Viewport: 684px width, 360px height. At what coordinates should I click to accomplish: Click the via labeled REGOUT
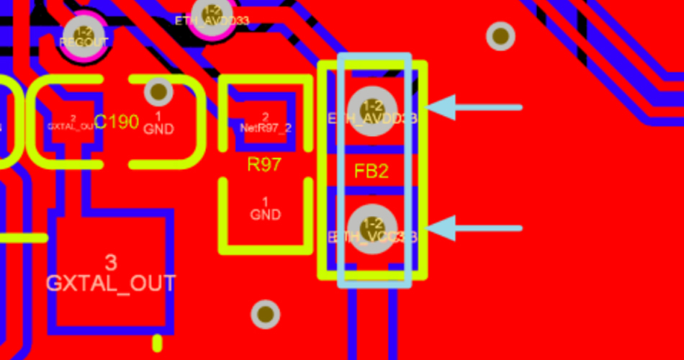84,35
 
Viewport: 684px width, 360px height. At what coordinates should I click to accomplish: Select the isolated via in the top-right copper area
500,35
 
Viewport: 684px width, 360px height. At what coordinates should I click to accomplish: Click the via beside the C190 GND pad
158,91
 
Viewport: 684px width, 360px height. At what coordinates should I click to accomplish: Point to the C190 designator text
117,122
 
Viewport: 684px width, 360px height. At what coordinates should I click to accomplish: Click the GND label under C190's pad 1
158,130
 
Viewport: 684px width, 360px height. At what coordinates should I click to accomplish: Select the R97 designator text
264,165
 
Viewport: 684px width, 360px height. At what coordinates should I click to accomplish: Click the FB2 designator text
372,171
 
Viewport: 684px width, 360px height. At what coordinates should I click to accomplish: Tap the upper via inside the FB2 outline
372,110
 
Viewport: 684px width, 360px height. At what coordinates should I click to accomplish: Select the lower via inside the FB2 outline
372,230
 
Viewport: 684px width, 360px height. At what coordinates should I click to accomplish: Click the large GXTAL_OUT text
111,283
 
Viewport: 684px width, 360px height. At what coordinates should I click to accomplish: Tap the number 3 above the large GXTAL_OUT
111,261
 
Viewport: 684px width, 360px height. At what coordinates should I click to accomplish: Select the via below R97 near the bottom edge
266,313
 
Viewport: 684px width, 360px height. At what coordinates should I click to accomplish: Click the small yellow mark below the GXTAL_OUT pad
158,342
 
